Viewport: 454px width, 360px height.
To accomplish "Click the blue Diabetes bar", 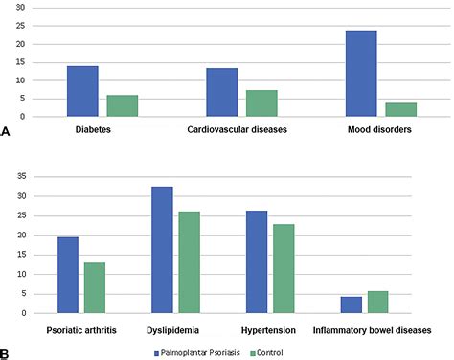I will [x=81, y=92].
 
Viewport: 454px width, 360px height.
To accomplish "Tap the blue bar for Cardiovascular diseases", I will [x=221, y=93].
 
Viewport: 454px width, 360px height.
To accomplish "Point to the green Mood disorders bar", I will [x=401, y=109].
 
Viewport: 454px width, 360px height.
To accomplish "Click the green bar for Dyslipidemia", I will [x=189, y=262].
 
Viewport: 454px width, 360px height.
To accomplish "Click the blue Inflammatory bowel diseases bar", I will [x=351, y=305].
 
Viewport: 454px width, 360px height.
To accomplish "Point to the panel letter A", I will [x=7, y=134].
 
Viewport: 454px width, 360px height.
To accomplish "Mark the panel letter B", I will [x=7, y=353].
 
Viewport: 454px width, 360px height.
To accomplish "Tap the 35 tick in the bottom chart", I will [x=20, y=177].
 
